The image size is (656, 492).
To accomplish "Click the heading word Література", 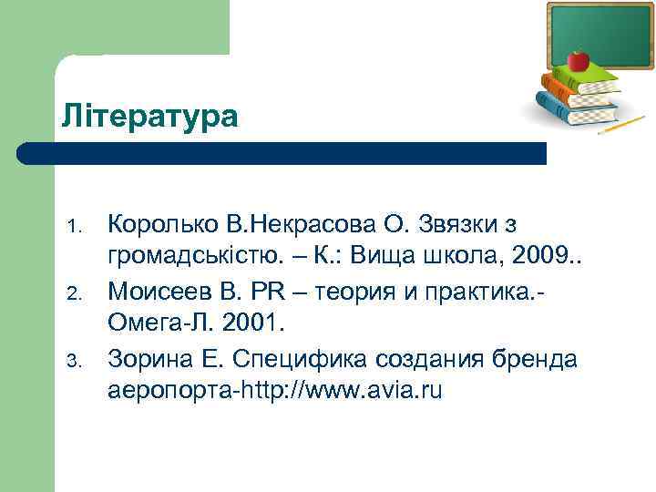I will tap(149, 116).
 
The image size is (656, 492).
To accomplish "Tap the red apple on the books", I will tap(578, 61).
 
